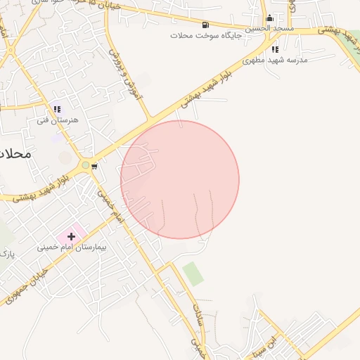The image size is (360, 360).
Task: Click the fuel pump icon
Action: click(205, 25)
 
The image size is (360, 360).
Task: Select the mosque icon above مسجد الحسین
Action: click(269, 18)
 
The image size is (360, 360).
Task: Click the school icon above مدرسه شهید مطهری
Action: click(275, 50)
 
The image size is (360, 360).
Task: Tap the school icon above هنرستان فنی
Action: click(57, 110)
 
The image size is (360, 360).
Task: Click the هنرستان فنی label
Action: click(58, 120)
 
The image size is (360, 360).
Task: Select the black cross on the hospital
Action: click(71, 236)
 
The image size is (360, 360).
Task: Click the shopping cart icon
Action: click(94, 167)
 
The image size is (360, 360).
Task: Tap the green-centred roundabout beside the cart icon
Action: click(85, 165)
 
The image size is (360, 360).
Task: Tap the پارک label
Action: click(6, 252)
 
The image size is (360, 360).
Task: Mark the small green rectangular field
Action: click(193, 274)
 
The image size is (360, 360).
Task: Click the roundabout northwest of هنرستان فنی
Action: click(10, 51)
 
